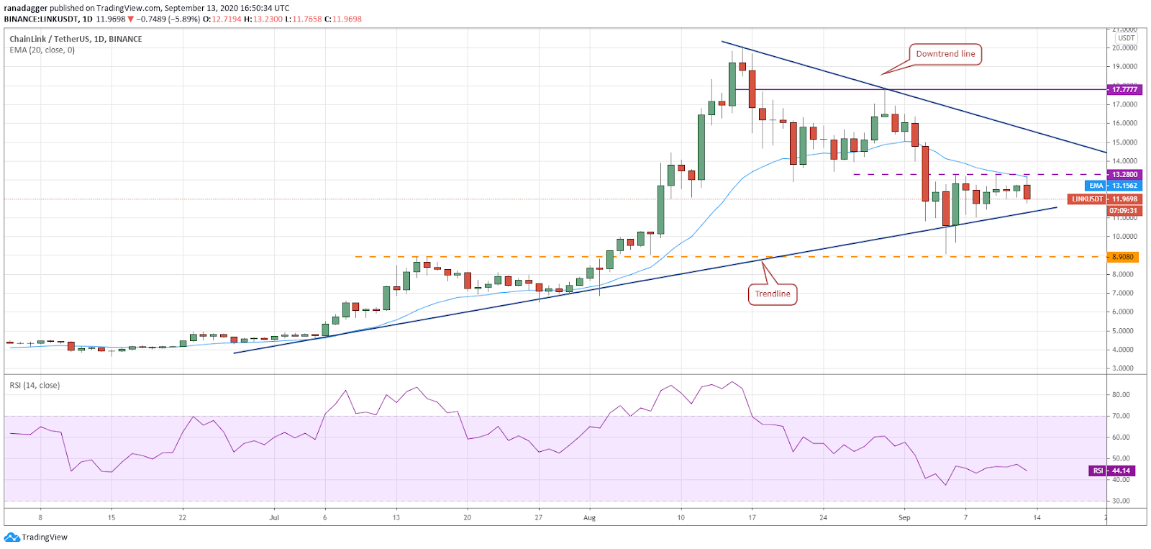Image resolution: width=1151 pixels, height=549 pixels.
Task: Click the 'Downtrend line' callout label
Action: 945,54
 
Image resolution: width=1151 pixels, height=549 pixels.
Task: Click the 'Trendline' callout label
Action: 773,294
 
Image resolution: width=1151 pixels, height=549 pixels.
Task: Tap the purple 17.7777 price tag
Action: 1124,89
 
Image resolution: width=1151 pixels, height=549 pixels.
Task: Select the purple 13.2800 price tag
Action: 1124,175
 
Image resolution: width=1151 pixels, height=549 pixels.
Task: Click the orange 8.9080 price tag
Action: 1123,257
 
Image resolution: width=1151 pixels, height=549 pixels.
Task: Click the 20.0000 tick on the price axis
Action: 1124,48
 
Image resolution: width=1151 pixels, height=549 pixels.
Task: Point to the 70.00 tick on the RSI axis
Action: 1121,416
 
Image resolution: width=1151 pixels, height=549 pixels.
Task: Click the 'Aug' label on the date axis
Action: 589,517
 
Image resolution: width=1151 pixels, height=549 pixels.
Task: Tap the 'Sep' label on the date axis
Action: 904,517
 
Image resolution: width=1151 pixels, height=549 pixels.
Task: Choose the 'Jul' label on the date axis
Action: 273,517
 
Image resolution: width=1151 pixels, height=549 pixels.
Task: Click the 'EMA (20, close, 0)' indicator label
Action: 42,50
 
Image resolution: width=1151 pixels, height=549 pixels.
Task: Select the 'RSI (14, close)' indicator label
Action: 35,386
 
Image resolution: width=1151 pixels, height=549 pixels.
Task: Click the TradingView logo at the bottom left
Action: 36,537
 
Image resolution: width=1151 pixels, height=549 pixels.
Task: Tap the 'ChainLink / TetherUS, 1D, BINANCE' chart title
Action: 76,39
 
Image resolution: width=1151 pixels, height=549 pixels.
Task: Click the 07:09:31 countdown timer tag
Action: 1123,211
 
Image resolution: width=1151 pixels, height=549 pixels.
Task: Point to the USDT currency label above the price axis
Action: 1126,38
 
